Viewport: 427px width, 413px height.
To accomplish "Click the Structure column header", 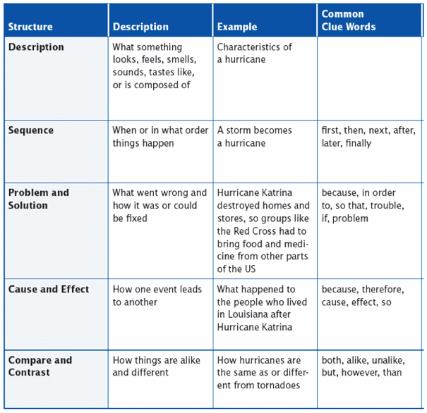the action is click(x=30, y=27).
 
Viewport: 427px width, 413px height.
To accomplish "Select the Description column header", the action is click(x=140, y=27).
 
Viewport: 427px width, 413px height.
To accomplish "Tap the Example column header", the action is click(x=237, y=27).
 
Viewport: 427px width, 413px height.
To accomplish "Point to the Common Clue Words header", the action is click(x=349, y=20).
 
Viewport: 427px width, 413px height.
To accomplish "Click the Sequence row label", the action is click(x=31, y=130).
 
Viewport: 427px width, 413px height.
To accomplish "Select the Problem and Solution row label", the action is click(x=39, y=199).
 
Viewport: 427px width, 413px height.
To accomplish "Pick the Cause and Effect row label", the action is click(x=49, y=289).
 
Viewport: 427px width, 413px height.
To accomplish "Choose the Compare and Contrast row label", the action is click(x=40, y=366).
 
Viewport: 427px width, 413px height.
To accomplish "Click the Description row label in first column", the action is click(x=36, y=47).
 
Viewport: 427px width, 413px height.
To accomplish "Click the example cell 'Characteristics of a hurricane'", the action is click(x=254, y=54).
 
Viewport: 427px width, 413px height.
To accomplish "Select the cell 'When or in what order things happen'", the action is click(x=160, y=137).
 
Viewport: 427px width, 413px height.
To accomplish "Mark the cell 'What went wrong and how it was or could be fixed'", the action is click(x=160, y=205).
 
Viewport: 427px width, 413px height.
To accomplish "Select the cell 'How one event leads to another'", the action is click(x=157, y=295).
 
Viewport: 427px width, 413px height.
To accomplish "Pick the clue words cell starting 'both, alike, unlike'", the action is click(x=362, y=366).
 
